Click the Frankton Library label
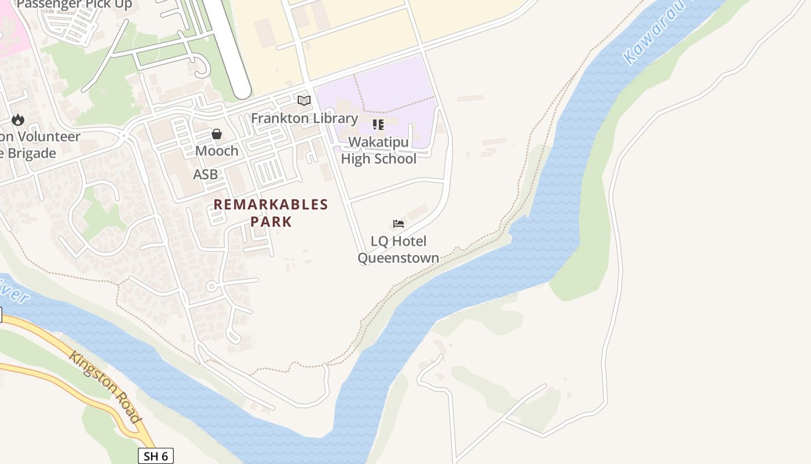click(x=304, y=118)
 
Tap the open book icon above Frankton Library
click(x=304, y=100)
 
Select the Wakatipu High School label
click(x=378, y=150)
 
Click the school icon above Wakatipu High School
click(x=378, y=125)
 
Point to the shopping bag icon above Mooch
click(x=217, y=135)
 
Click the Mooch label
click(x=217, y=151)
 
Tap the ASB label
click(x=206, y=175)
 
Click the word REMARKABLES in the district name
click(x=271, y=205)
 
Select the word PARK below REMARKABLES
click(x=271, y=222)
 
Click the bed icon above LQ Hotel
click(x=398, y=224)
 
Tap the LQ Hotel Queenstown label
click(x=398, y=249)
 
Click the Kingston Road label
click(x=105, y=386)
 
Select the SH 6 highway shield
click(x=156, y=456)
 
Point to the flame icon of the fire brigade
click(x=18, y=120)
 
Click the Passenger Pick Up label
click(x=74, y=5)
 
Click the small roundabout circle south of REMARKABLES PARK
click(x=212, y=287)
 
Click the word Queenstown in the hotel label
click(x=398, y=258)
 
